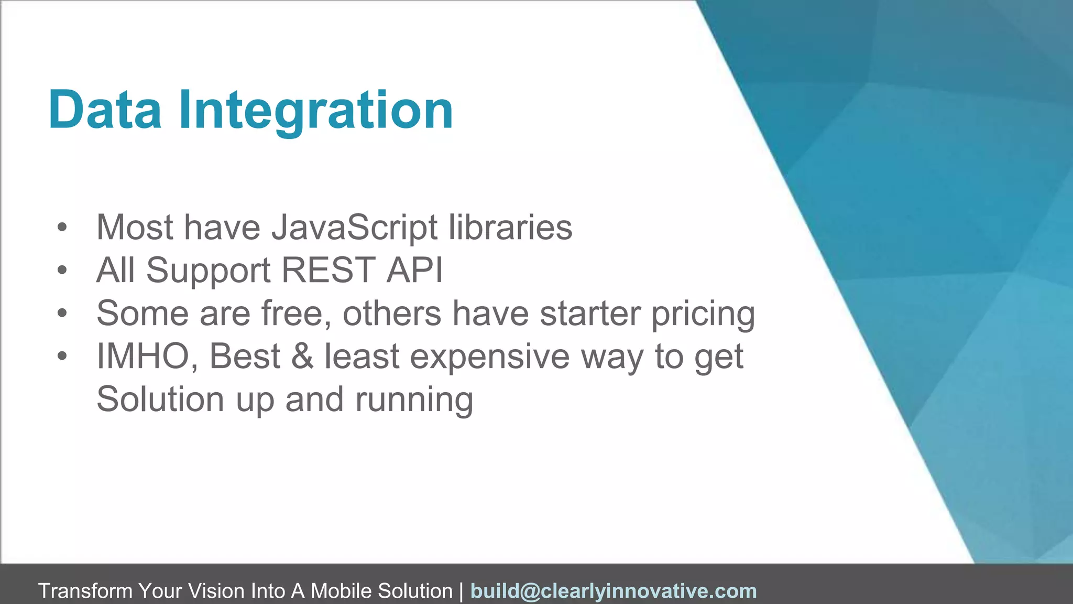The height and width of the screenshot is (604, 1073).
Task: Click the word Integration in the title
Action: pyautogui.click(x=316, y=110)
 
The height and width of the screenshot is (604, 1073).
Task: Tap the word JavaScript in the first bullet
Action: pyautogui.click(x=354, y=228)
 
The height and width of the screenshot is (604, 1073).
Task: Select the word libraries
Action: pyautogui.click(x=510, y=228)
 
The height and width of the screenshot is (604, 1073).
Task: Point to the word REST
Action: pyautogui.click(x=329, y=271)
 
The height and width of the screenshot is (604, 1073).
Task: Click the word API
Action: pyautogui.click(x=414, y=271)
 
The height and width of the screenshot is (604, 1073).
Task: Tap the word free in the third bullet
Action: pyautogui.click(x=295, y=314)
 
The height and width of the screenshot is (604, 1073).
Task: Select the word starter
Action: pyautogui.click(x=590, y=314)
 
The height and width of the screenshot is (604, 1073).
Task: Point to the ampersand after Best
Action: pyautogui.click(x=302, y=357)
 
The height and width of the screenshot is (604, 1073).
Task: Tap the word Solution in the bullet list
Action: pyautogui.click(x=160, y=400)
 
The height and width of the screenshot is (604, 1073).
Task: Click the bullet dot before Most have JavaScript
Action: pyautogui.click(x=62, y=228)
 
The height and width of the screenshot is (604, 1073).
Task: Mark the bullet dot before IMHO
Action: pyautogui.click(x=62, y=357)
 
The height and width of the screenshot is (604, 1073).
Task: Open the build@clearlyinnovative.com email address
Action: pyautogui.click(x=614, y=591)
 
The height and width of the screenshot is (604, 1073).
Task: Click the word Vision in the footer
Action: pyautogui.click(x=216, y=591)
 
